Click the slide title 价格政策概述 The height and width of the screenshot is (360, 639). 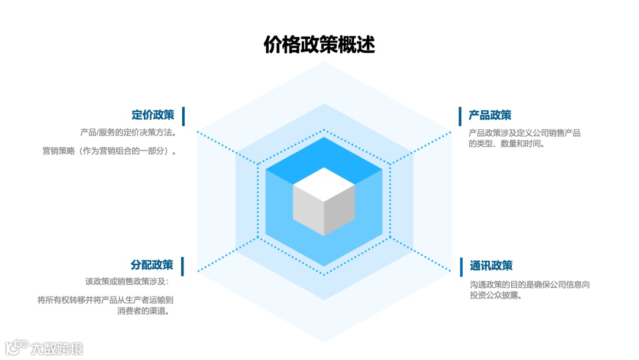click(x=319, y=45)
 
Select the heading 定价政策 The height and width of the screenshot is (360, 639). click(x=153, y=115)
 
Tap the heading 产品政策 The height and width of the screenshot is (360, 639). click(x=490, y=115)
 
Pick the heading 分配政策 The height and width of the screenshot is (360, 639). click(x=152, y=265)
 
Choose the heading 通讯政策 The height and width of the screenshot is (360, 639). click(x=491, y=266)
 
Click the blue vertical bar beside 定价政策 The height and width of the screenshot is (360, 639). click(x=183, y=116)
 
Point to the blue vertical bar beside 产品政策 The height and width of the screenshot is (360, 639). click(x=460, y=116)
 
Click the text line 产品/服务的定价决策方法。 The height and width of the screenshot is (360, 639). click(x=128, y=132)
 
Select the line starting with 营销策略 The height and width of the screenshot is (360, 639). click(x=109, y=151)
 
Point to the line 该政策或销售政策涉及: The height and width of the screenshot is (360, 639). click(x=127, y=282)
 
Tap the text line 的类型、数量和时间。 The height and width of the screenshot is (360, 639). click(x=506, y=143)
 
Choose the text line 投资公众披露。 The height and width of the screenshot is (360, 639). click(x=496, y=295)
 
